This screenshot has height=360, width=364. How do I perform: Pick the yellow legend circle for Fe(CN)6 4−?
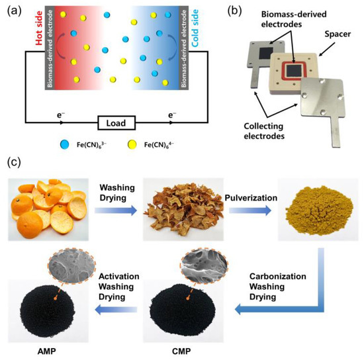pos(149,143)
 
